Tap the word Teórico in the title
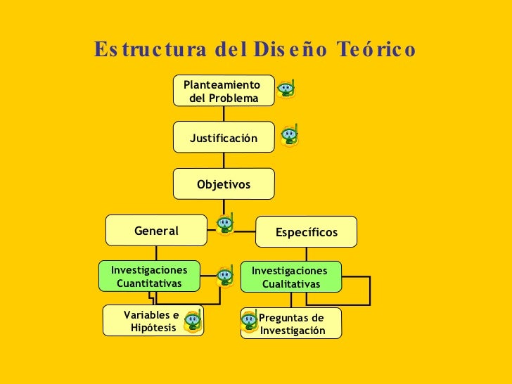point(376,51)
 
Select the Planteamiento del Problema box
point(224,91)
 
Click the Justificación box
point(224,139)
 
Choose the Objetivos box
point(224,184)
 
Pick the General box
point(156,231)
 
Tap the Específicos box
point(307,232)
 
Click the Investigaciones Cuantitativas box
point(149,276)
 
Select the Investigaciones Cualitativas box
point(290,277)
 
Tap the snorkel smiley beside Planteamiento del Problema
point(286,89)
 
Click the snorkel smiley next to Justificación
point(290,135)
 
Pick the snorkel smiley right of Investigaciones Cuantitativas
point(225,276)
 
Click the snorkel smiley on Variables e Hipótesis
point(193,321)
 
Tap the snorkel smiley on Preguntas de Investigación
point(248,321)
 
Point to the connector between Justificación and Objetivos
point(224,161)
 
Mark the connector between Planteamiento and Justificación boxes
point(224,114)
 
